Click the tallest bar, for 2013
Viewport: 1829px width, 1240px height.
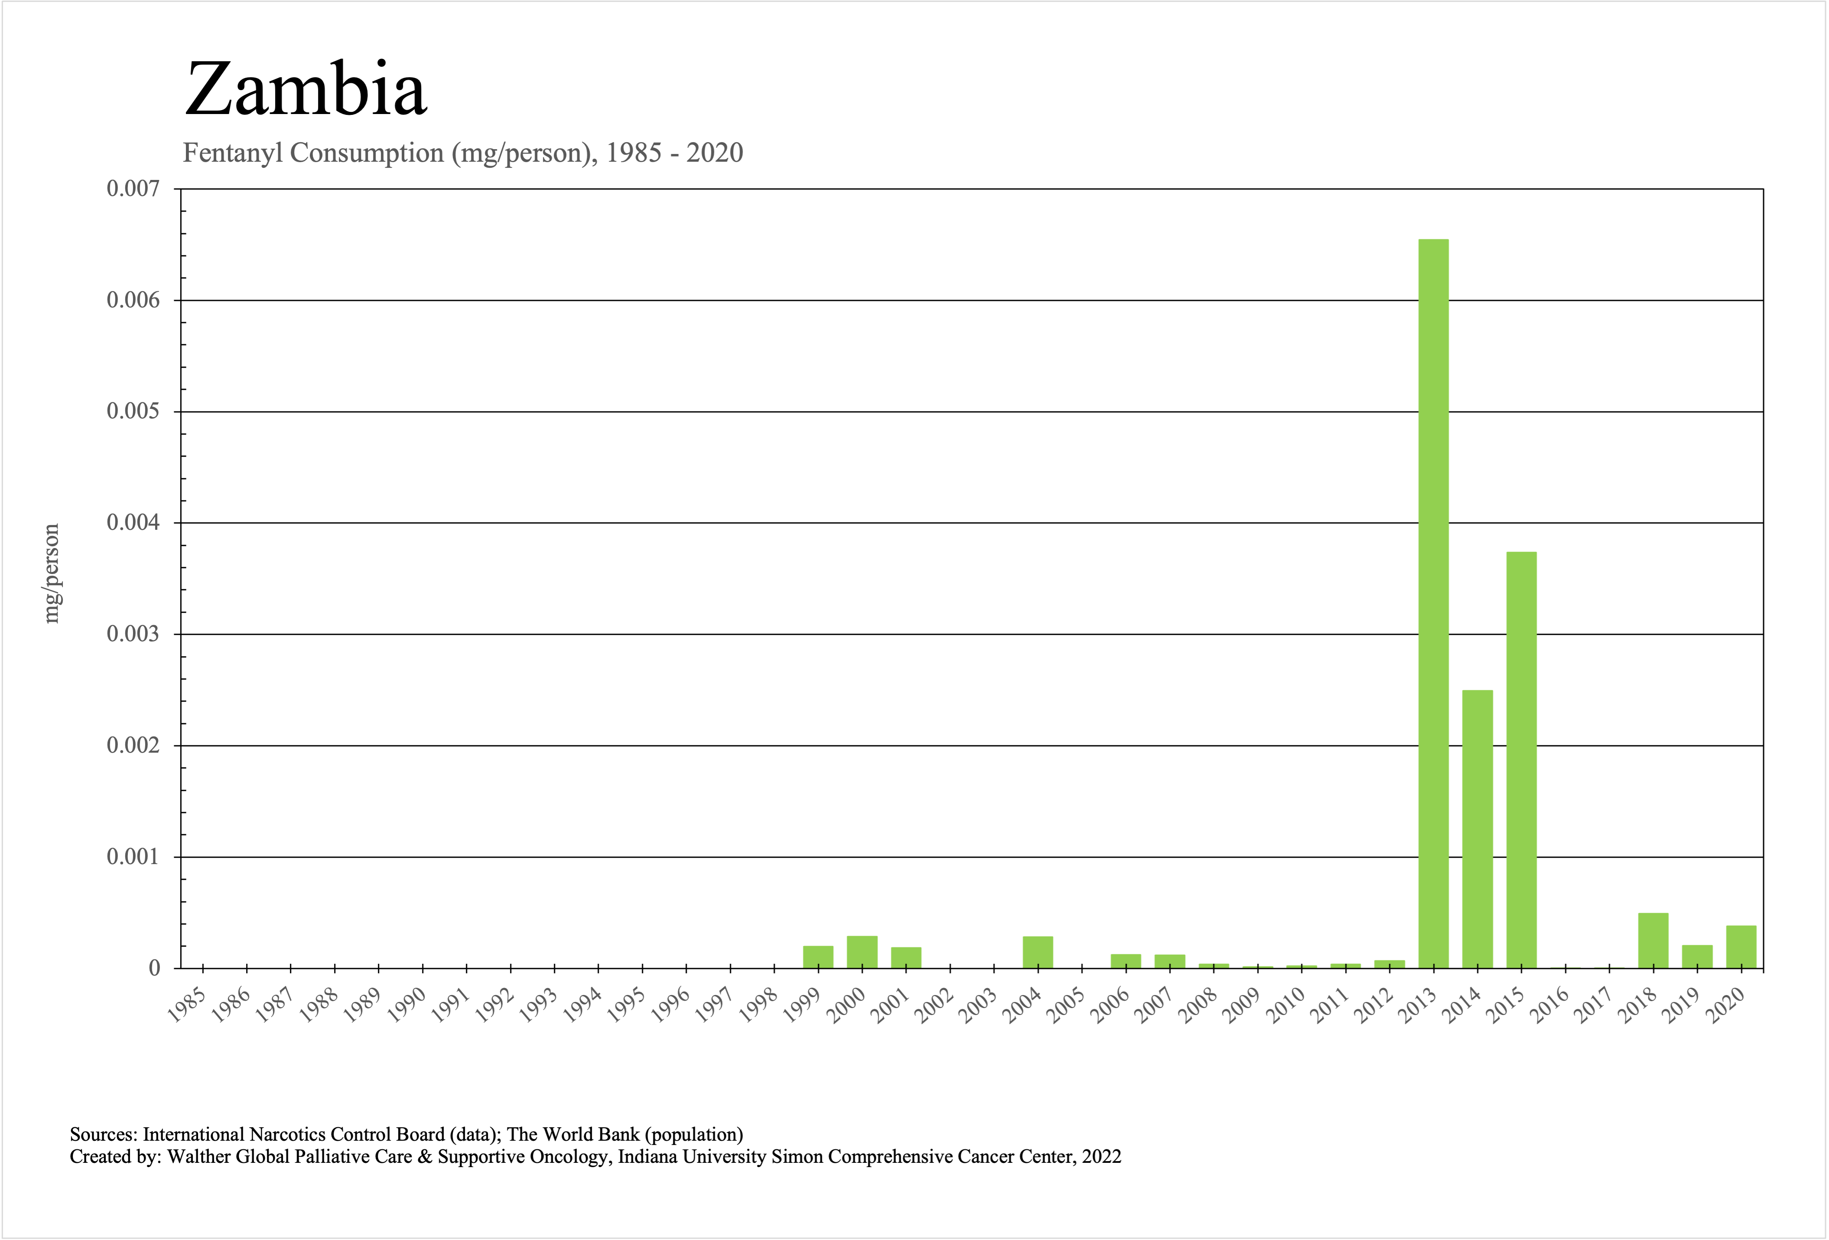tap(1433, 603)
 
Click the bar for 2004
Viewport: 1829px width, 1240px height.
tap(1038, 952)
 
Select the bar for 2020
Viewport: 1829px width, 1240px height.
tap(1741, 946)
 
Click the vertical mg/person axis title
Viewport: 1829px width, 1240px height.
tap(51, 573)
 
